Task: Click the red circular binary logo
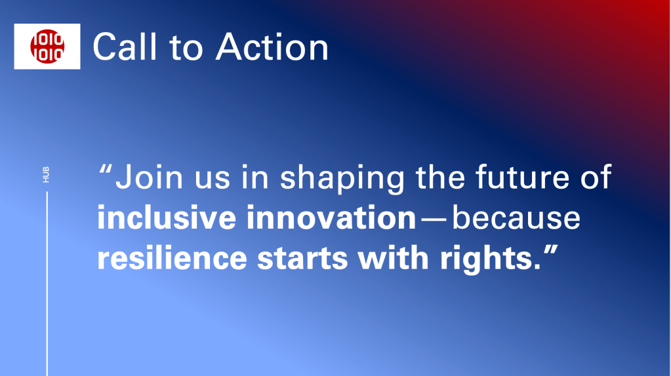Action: click(x=47, y=46)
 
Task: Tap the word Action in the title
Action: click(x=272, y=47)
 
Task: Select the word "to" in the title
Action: click(x=186, y=48)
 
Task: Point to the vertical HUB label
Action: click(x=46, y=175)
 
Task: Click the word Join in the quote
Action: click(x=150, y=177)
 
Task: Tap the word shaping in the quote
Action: click(x=342, y=179)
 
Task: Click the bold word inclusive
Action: click(x=167, y=217)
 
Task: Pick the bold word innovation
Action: click(x=331, y=217)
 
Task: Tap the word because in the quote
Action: click(x=516, y=217)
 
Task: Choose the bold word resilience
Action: click(x=172, y=258)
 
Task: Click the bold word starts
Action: click(x=302, y=259)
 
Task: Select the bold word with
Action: click(x=394, y=258)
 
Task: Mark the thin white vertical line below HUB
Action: click(x=47, y=284)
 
